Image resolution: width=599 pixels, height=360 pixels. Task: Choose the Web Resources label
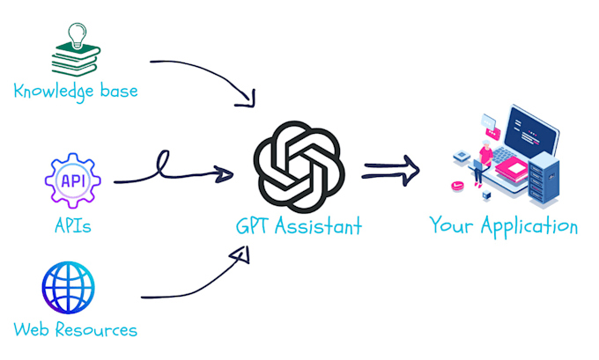(76, 330)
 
